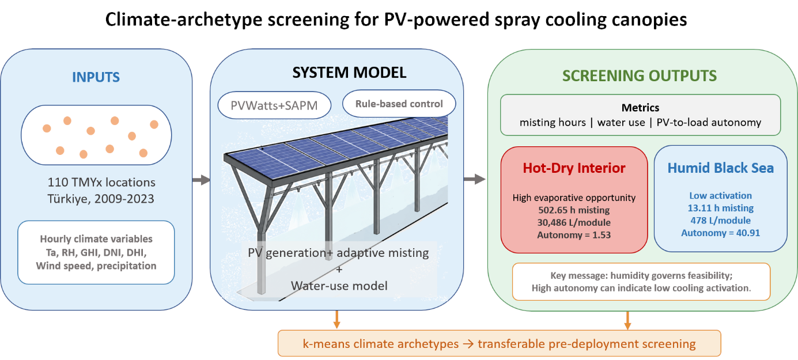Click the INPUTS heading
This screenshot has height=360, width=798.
[x=96, y=77]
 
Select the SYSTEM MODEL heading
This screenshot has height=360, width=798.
[x=349, y=73]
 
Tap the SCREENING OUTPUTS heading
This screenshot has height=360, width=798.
[x=640, y=76]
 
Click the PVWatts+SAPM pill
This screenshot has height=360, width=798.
[x=274, y=105]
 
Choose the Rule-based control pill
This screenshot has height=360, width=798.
[x=399, y=104]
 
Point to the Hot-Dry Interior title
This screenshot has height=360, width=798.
[x=574, y=168]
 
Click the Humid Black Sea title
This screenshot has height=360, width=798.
[x=720, y=168]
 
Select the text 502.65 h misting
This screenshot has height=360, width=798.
[x=574, y=210]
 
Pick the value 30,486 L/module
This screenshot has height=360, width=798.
[x=574, y=222]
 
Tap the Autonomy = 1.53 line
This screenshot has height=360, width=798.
[x=574, y=235]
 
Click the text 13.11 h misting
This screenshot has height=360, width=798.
[x=720, y=208]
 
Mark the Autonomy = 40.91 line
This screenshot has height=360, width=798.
[x=720, y=233]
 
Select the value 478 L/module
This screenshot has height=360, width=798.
[x=720, y=221]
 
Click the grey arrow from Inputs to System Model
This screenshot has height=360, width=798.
[x=201, y=180]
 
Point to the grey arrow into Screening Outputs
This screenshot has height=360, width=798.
[x=475, y=179]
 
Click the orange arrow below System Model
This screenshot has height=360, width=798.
[x=336, y=320]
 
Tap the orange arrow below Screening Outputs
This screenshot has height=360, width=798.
[x=627, y=320]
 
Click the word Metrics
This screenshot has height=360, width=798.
[x=640, y=108]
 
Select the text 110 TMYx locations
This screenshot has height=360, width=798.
[x=101, y=183]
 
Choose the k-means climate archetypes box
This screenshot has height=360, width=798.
[x=499, y=343]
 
